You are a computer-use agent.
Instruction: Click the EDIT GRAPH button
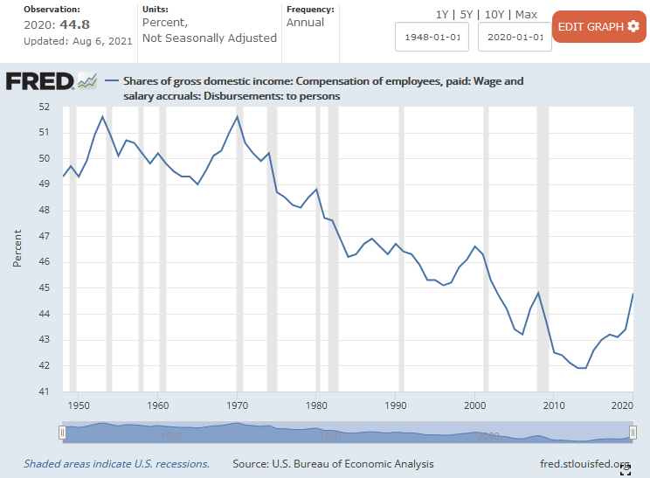point(598,26)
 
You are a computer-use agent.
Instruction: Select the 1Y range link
point(443,15)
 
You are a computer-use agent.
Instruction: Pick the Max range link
point(527,15)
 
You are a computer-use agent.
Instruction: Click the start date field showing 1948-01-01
point(432,38)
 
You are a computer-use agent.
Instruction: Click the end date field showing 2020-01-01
point(515,38)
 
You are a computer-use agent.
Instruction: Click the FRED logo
point(40,81)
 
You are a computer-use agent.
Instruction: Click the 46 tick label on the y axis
point(44,262)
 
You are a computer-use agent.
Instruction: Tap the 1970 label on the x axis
point(237,405)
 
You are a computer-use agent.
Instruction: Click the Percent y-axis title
point(17,249)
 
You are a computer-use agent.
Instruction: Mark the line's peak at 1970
point(237,116)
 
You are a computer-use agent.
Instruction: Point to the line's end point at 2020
point(633,294)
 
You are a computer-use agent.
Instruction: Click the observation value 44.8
point(76,24)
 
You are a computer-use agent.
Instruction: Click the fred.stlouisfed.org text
point(585,464)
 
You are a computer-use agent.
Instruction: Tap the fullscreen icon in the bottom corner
point(626,471)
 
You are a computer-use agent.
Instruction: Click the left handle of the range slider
point(62,432)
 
